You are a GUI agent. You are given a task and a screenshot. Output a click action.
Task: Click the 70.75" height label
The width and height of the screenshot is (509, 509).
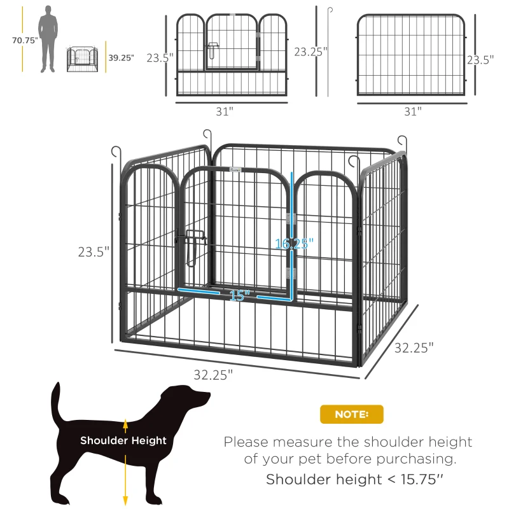pyautogui.click(x=25, y=40)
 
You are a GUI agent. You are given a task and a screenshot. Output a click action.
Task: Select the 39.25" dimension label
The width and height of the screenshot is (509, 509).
pyautogui.click(x=121, y=57)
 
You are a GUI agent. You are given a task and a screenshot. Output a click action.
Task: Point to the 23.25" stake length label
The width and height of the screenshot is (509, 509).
pyautogui.click(x=307, y=51)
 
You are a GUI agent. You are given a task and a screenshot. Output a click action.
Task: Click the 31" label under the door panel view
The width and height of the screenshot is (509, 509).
pyautogui.click(x=224, y=111)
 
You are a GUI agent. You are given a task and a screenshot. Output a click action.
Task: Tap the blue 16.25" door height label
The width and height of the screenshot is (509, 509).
pyautogui.click(x=293, y=243)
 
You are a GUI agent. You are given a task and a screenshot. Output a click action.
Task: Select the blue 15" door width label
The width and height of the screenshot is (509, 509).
pyautogui.click(x=239, y=295)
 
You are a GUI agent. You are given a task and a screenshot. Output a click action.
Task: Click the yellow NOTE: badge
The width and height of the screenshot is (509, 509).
pyautogui.click(x=351, y=414)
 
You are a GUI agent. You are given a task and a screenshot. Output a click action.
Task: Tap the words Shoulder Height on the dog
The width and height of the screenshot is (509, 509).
pyautogui.click(x=123, y=440)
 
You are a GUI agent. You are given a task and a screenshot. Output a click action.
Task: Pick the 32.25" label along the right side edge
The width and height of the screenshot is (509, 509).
pyautogui.click(x=414, y=348)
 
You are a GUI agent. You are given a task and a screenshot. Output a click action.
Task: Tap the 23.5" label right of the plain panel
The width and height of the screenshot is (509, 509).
pyautogui.click(x=482, y=60)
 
